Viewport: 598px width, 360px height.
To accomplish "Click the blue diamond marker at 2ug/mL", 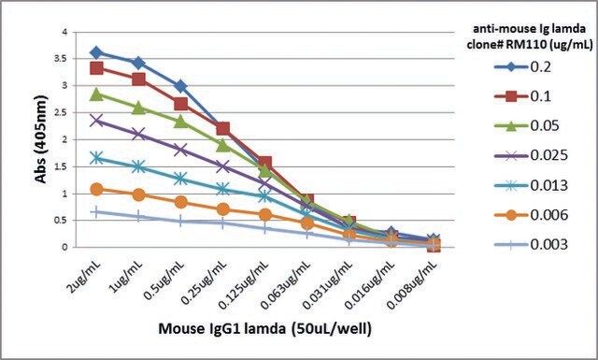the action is [x=96, y=52].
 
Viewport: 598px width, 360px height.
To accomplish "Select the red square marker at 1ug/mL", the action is [x=139, y=79].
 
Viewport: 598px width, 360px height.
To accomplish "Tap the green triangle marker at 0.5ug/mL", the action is [x=181, y=122].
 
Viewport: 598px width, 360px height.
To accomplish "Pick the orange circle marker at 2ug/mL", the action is [x=97, y=189].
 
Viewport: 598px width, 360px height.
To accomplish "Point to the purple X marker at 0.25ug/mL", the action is [x=223, y=166].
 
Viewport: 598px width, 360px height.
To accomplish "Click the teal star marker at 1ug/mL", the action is [x=139, y=166].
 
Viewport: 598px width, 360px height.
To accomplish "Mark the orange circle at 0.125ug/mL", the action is [x=265, y=215].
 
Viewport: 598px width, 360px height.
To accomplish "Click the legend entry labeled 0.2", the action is [x=522, y=67].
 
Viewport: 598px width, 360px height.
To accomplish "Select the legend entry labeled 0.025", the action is [x=531, y=155].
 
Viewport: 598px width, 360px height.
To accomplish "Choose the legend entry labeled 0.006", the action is [x=531, y=215].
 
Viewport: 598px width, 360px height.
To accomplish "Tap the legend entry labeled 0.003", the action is [x=531, y=244].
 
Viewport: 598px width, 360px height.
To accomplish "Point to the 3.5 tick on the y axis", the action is [x=62, y=59].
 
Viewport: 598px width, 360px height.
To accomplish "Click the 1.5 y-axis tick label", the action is [x=62, y=166].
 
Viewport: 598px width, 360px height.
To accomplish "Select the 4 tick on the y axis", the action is [x=64, y=32].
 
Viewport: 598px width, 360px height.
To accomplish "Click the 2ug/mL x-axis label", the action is [x=85, y=277].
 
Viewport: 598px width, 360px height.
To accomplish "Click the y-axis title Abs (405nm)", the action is [x=41, y=139].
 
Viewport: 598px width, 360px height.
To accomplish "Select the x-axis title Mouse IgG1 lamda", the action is [x=222, y=328].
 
